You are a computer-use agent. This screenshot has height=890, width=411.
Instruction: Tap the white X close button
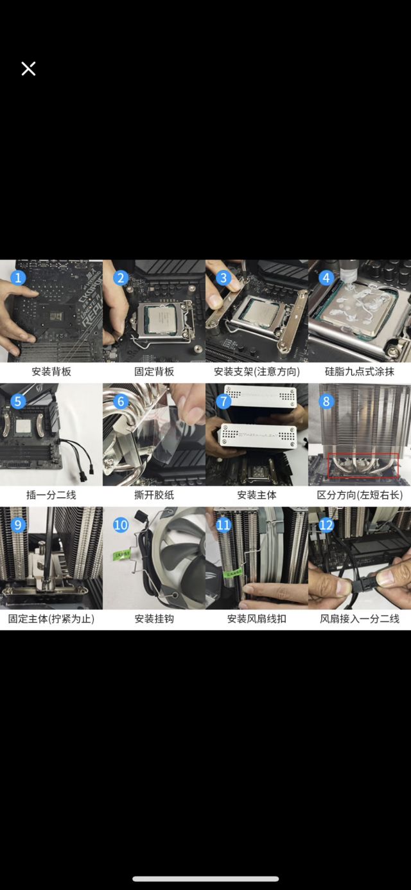tap(28, 69)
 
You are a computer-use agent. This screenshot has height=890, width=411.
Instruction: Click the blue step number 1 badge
tap(19, 278)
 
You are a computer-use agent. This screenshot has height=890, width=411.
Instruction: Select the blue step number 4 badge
tap(326, 278)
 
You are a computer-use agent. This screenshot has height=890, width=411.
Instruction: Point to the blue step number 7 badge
tap(223, 402)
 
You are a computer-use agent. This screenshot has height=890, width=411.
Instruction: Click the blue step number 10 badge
tap(121, 525)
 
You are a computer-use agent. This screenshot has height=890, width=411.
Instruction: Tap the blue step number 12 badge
tap(326, 525)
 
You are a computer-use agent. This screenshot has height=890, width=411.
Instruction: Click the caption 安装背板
tap(51, 371)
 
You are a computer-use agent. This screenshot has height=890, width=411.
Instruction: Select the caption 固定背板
tap(154, 371)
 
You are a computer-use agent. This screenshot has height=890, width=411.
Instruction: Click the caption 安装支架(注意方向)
tap(257, 371)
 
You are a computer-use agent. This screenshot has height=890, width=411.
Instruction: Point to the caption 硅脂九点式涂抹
tap(360, 371)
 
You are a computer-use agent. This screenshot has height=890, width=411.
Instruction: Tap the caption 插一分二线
tap(51, 495)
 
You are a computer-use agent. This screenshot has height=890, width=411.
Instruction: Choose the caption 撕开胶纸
tap(154, 495)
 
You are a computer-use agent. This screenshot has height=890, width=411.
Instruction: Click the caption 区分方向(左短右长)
tap(360, 495)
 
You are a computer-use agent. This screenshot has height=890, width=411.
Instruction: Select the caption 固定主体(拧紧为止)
tap(51, 619)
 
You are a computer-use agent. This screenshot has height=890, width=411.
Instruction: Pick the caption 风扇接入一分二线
tap(360, 619)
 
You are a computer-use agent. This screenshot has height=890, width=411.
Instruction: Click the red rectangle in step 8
tap(363, 466)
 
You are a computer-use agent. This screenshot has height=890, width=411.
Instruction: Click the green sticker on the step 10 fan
tap(121, 552)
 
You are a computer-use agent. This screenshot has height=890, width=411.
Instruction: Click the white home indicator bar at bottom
tap(205, 878)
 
